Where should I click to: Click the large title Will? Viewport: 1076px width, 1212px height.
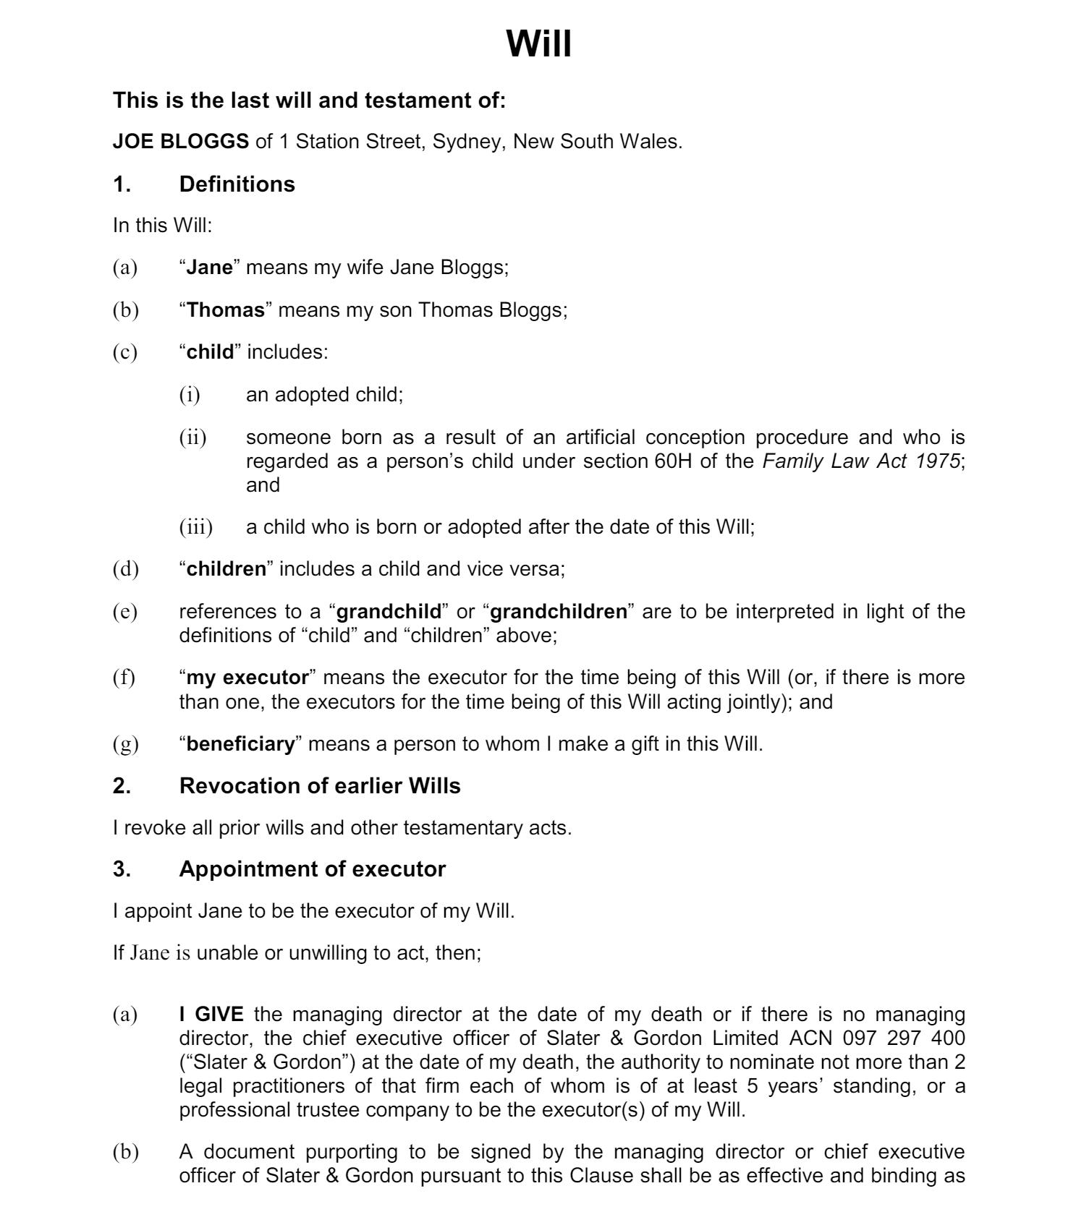point(538,44)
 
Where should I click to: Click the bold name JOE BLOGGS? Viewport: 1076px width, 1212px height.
point(180,142)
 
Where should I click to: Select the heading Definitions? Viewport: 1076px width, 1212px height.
point(237,184)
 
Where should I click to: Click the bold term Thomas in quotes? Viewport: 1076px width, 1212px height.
point(226,310)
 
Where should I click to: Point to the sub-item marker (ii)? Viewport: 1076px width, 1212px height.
point(192,438)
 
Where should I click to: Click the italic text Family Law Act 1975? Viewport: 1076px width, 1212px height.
point(861,461)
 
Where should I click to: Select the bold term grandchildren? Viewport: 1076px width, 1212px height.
point(559,612)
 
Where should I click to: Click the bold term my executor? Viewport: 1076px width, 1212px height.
point(247,678)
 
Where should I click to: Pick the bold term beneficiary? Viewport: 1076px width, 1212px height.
point(241,744)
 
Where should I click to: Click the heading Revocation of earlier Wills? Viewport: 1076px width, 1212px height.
point(319,786)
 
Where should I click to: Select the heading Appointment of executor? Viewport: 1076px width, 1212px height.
point(312,869)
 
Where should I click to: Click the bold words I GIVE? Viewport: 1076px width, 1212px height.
point(211,1015)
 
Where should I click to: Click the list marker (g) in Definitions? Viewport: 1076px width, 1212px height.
point(125,744)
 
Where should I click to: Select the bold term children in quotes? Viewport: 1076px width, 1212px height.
point(226,569)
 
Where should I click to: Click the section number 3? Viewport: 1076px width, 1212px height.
point(122,869)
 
